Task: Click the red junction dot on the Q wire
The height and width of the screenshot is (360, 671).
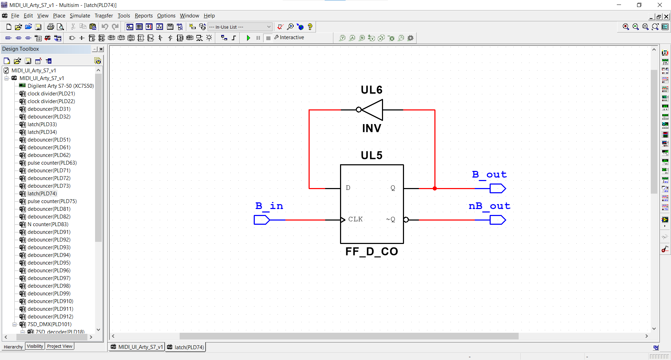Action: click(435, 188)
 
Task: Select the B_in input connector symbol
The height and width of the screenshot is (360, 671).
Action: click(262, 220)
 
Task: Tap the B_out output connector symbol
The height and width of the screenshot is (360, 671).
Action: click(498, 188)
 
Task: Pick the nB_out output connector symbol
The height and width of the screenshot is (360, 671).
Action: click(498, 220)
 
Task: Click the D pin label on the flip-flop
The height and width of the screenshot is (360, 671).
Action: click(348, 188)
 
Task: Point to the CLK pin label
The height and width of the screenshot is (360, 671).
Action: click(355, 219)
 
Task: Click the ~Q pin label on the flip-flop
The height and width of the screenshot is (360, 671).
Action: click(390, 219)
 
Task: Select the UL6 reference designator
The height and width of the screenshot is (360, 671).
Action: click(371, 90)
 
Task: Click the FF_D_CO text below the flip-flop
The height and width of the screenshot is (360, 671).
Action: click(371, 251)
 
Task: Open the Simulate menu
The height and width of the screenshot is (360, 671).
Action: click(80, 16)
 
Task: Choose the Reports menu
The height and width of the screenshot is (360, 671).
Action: click(144, 16)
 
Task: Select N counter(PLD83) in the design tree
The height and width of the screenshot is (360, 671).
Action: click(48, 224)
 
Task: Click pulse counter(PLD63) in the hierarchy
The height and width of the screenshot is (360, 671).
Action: click(52, 163)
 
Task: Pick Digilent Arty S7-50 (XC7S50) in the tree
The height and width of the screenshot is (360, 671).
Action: click(61, 86)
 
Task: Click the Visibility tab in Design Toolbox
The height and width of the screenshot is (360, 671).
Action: click(35, 346)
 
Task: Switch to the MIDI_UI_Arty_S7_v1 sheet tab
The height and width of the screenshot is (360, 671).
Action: click(137, 347)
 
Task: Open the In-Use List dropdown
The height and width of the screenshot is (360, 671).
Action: click(240, 27)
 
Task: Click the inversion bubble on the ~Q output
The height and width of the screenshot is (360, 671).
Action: click(406, 220)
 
